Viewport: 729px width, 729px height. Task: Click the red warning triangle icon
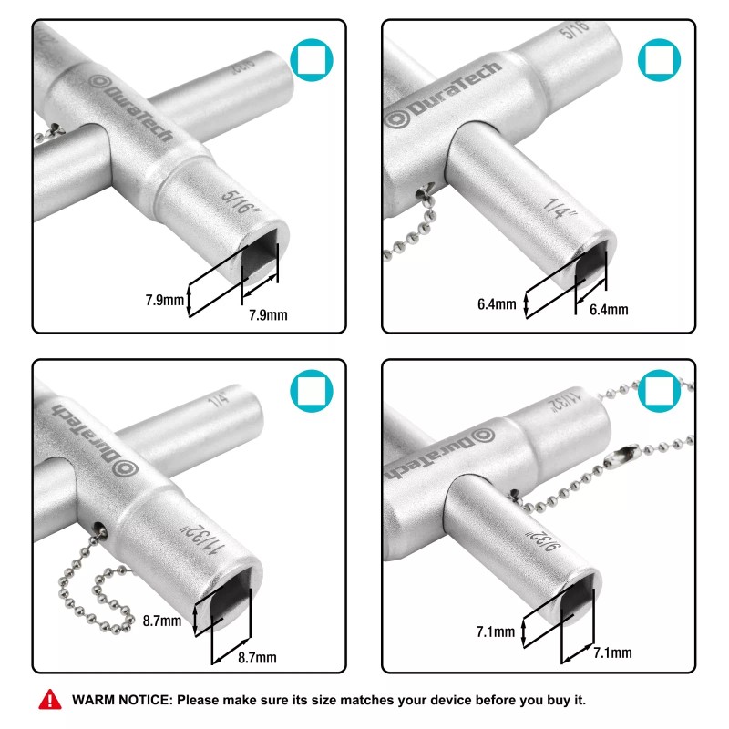(47, 700)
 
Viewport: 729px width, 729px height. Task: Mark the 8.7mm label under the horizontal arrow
(256, 657)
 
